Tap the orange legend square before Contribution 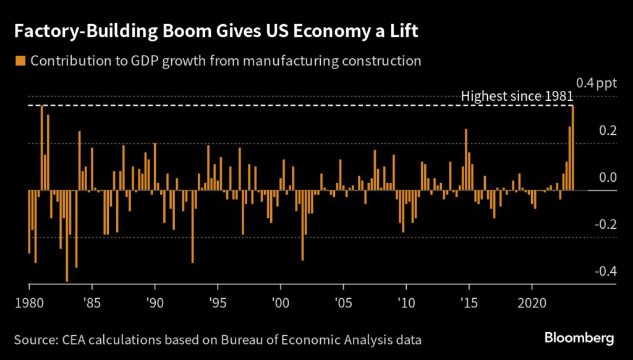coord(20,61)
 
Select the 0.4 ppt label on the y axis coord(596,84)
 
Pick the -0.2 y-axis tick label coord(604,224)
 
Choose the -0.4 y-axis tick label coord(604,271)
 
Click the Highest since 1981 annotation coord(517,96)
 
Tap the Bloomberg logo coord(579,338)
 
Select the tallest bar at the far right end coord(573,148)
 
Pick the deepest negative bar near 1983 coord(67,236)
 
